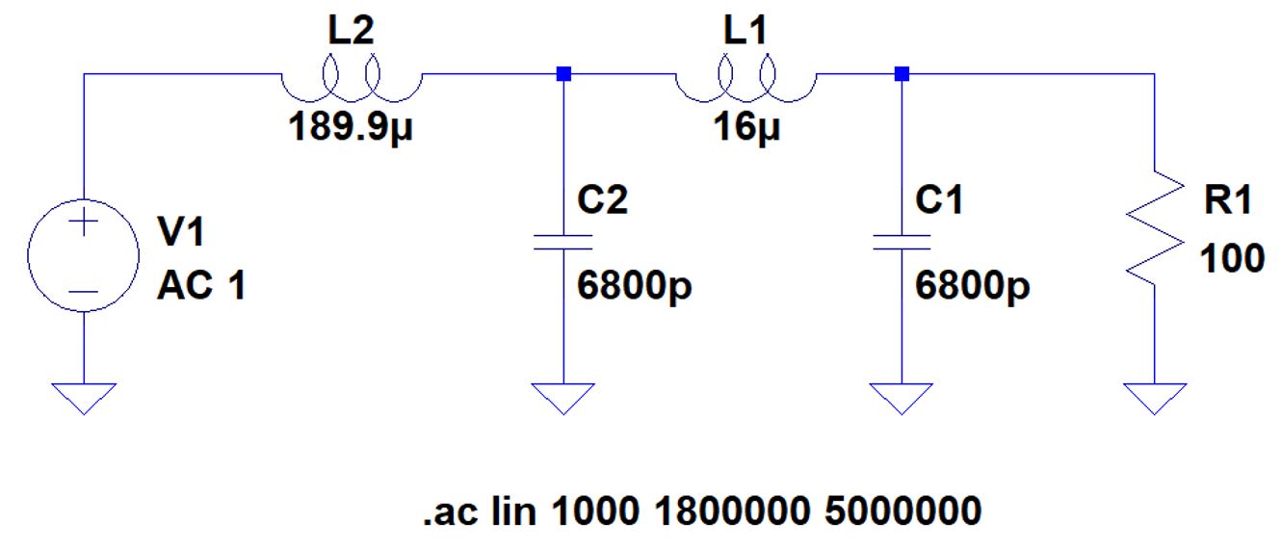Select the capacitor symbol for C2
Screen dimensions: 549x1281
pyautogui.click(x=563, y=240)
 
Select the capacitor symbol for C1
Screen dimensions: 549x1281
pyautogui.click(x=901, y=240)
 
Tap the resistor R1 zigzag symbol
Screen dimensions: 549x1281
pyautogui.click(x=1154, y=229)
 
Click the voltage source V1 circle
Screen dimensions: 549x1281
pyautogui.click(x=84, y=256)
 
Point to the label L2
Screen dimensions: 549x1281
pyautogui.click(x=351, y=32)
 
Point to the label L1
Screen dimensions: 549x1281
pyautogui.click(x=745, y=32)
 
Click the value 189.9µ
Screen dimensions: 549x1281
pyautogui.click(x=354, y=126)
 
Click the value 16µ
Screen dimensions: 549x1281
pyautogui.click(x=746, y=126)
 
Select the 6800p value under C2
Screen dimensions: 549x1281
pyautogui.click(x=635, y=286)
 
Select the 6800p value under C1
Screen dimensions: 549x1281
pyautogui.click(x=972, y=286)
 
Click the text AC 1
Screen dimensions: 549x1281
pyautogui.click(x=200, y=286)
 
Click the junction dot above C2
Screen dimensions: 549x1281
pyautogui.click(x=563, y=74)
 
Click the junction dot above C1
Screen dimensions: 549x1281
pyautogui.click(x=901, y=74)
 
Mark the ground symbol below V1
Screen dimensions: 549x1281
pyautogui.click(x=84, y=396)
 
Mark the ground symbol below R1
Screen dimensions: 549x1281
pyautogui.click(x=1154, y=396)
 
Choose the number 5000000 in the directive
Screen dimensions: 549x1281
pyautogui.click(x=902, y=511)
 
